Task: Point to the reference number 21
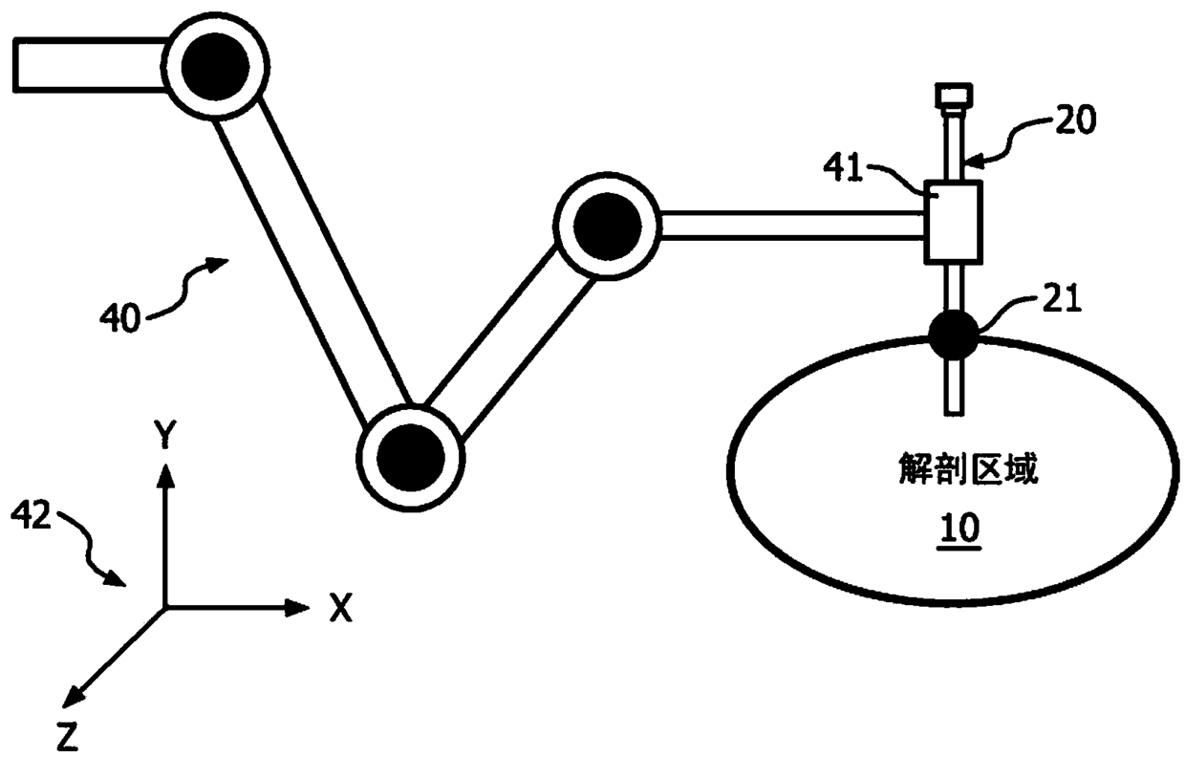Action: [x=1064, y=302]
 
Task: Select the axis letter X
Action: [x=339, y=607]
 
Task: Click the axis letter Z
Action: [x=67, y=736]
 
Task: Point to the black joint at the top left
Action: [x=214, y=66]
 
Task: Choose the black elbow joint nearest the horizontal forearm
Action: [x=608, y=226]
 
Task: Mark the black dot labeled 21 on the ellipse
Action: [x=954, y=334]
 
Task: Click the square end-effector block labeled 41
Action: [x=953, y=221]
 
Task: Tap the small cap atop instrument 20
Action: [x=953, y=95]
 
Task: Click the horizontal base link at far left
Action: [x=91, y=65]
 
